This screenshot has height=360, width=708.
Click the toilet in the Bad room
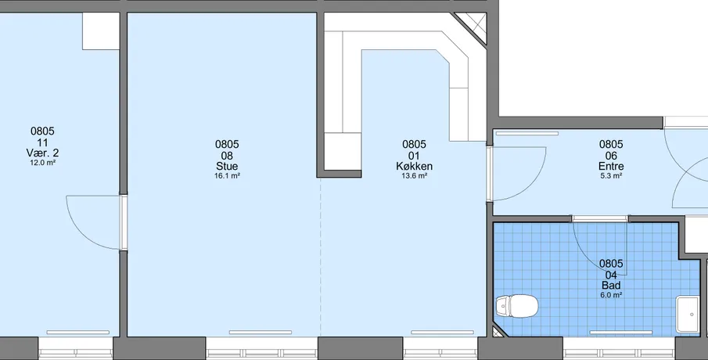coord(517,306)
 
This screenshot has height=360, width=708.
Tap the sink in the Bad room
coord(687,315)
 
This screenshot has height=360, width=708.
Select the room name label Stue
coord(227,166)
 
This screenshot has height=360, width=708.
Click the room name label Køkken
coord(414,166)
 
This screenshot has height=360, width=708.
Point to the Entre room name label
coord(611,166)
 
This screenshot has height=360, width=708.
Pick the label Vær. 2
coord(42,153)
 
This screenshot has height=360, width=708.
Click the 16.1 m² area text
coord(227,176)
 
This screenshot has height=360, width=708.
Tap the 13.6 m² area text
coord(414,176)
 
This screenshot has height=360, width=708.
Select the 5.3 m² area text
coord(611,176)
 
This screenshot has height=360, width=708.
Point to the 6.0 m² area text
coord(611,295)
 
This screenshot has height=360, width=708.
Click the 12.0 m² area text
coord(42,163)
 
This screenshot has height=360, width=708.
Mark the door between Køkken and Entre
coord(516,174)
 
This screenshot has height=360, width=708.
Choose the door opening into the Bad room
coord(600,247)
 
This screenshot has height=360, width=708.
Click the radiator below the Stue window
coord(260,333)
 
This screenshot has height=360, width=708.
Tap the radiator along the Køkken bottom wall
coord(442,333)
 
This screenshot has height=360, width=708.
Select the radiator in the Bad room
coord(621,333)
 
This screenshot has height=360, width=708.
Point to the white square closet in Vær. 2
coord(101,31)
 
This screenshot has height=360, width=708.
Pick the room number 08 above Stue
coord(227,156)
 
